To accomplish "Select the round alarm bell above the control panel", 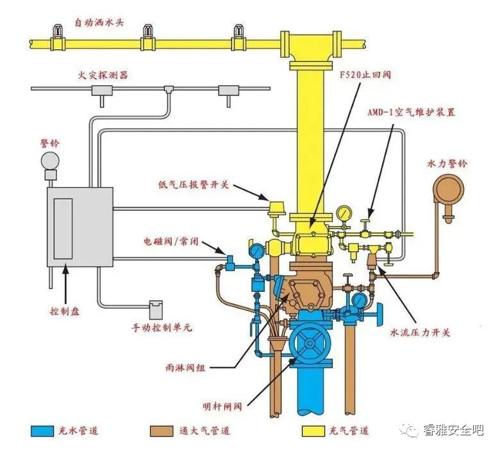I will coord(49,159).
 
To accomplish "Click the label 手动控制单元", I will coord(162,328).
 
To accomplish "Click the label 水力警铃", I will coord(447,163).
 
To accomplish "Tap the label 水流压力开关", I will coord(421,333).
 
